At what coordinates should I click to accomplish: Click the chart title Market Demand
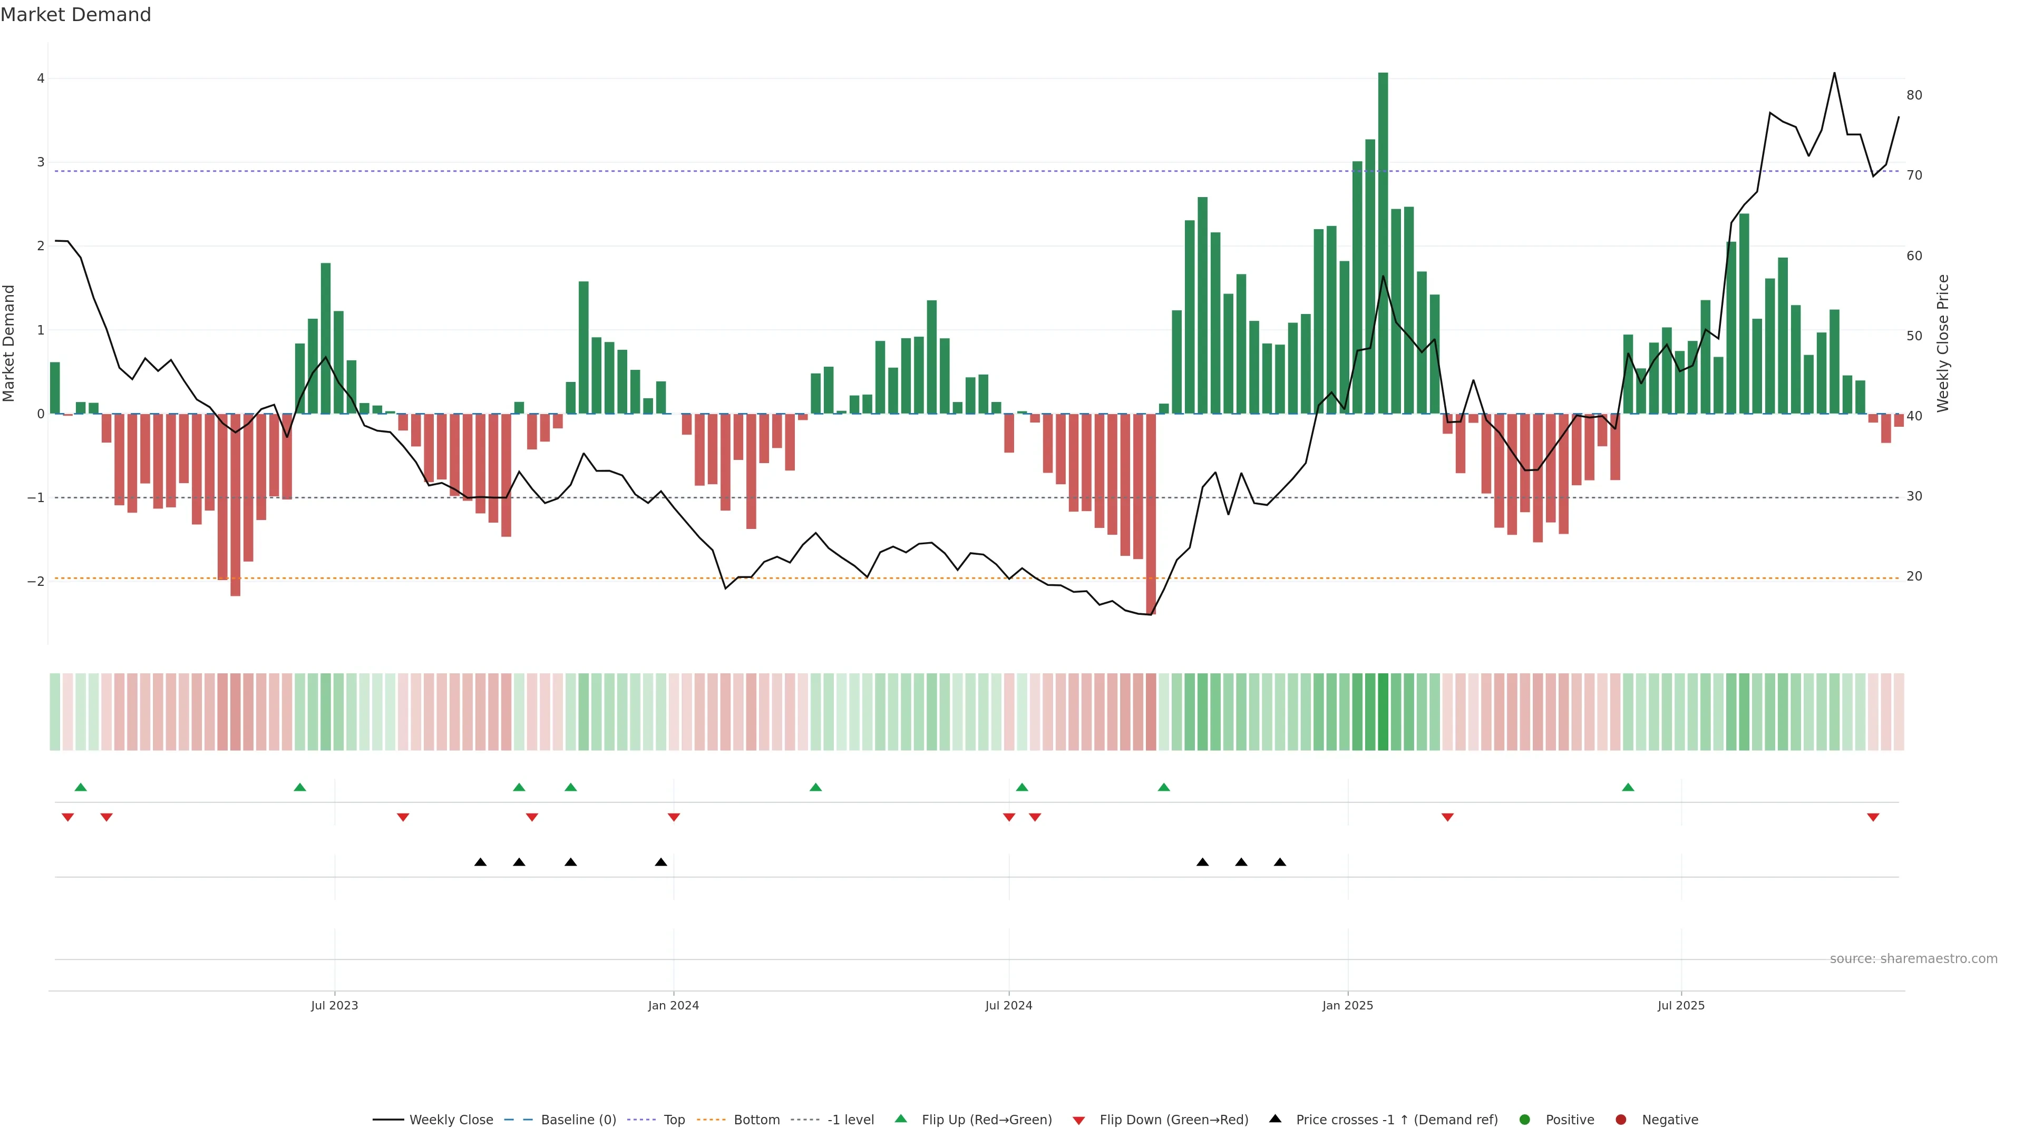[x=75, y=15]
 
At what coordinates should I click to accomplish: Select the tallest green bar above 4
[x=1383, y=236]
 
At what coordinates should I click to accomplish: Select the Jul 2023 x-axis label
[x=334, y=1005]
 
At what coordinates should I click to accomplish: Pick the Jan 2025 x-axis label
[x=1348, y=1005]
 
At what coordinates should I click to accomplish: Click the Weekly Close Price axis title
[x=1943, y=343]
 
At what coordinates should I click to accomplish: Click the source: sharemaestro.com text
[x=1913, y=959]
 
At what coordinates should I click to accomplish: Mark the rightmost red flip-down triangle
[x=1873, y=818]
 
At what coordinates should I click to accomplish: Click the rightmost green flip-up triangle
[x=1628, y=787]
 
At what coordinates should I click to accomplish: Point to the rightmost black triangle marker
[x=1280, y=862]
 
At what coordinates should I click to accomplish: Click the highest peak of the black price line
[x=1835, y=73]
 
